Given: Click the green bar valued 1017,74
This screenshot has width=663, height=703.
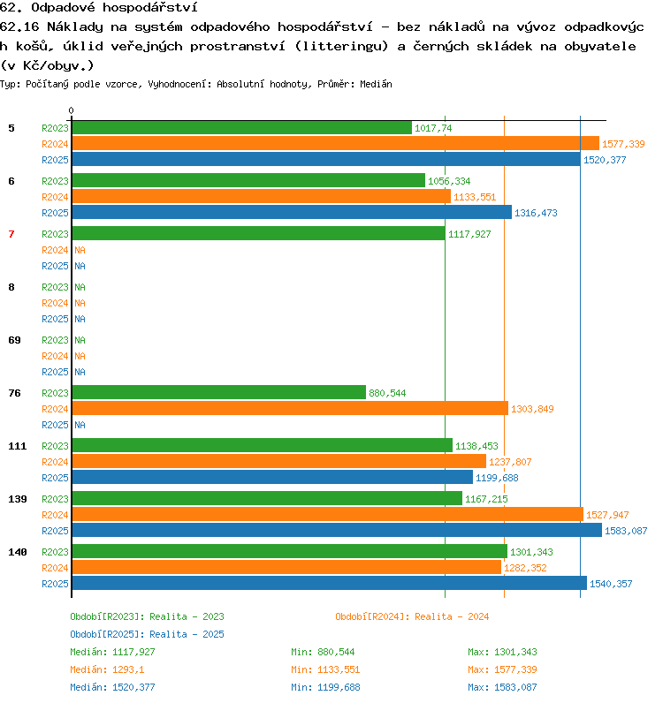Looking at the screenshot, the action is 242,128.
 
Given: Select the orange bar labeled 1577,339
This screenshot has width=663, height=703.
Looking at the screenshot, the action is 336,143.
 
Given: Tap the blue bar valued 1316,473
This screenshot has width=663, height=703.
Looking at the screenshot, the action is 292,212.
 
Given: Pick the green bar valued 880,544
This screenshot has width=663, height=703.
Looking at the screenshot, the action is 219,392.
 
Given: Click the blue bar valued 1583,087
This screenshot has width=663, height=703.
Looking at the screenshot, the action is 337,531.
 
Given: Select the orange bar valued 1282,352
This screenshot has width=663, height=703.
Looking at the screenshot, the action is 286,567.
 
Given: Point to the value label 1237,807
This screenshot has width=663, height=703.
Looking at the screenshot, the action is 510,462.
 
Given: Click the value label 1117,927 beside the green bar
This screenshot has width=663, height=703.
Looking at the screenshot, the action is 469,234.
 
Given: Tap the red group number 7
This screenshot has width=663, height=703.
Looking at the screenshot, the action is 11,234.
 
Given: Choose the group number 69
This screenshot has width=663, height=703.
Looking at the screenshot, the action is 14,340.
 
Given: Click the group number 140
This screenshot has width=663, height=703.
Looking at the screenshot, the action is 18,552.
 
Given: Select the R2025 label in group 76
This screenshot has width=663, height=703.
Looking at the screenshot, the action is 55,425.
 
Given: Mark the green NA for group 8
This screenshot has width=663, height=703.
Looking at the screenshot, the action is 80,287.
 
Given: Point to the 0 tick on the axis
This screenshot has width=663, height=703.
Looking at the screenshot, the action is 71,110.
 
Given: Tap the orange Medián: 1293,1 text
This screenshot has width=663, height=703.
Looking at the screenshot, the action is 107,669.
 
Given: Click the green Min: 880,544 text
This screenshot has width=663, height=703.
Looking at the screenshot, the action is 323,652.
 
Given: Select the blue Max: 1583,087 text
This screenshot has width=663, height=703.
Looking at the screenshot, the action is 502,687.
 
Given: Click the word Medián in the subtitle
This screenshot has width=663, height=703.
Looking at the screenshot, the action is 377,84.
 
